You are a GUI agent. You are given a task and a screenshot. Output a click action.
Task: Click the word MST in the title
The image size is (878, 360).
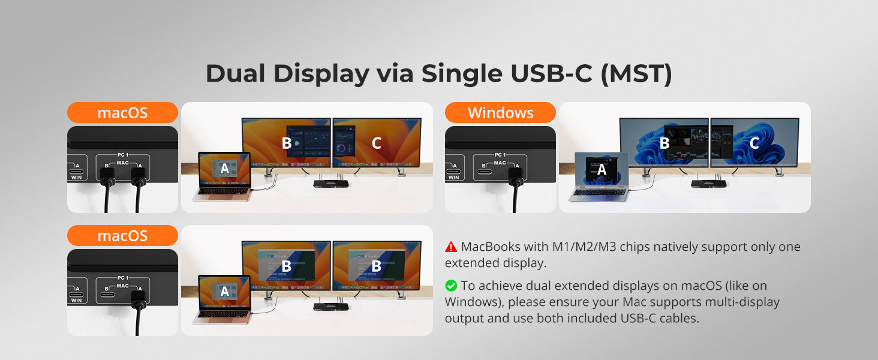(636, 74)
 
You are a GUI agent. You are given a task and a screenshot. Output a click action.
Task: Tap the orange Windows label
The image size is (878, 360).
(500, 113)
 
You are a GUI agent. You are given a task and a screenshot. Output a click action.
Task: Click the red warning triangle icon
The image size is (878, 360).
(451, 247)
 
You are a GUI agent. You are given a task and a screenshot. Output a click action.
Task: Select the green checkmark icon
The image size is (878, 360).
(451, 286)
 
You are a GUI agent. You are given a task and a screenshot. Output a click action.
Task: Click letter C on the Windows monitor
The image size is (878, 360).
(754, 143)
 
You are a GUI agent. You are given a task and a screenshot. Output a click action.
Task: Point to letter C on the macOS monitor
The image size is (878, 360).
(376, 143)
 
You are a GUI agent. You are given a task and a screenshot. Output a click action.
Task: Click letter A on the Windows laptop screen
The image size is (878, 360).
(602, 169)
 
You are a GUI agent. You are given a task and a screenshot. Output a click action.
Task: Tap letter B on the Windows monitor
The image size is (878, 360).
(664, 143)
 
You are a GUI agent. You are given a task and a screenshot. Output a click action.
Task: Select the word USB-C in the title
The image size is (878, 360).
(551, 74)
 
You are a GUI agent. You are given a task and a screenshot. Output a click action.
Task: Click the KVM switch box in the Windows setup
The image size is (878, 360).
(708, 183)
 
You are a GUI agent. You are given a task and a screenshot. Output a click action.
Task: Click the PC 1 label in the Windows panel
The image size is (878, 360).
(500, 155)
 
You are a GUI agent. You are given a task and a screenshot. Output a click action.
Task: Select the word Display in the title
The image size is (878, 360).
(321, 74)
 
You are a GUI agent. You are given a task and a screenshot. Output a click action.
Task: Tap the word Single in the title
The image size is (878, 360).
(462, 74)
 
